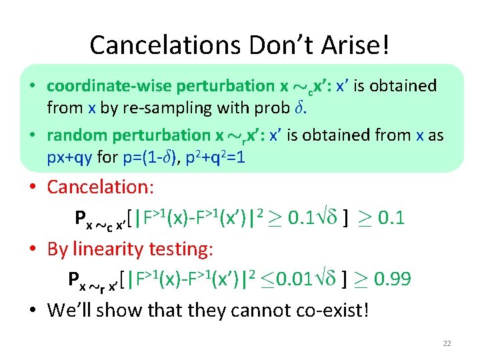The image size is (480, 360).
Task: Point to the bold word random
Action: [74, 135]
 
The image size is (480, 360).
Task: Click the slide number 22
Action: [447, 343]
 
